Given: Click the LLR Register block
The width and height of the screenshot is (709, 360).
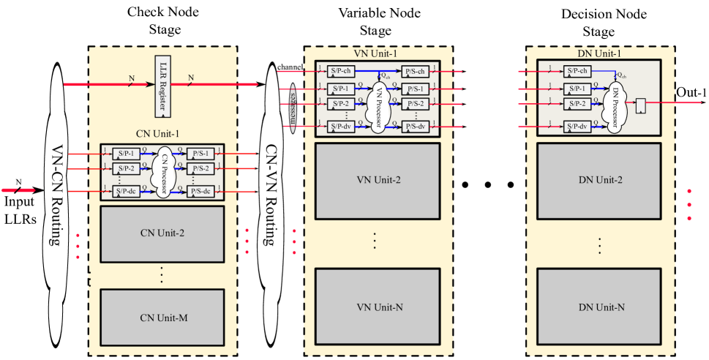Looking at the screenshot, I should click(x=162, y=86).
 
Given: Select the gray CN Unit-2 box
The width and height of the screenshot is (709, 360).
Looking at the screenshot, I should click(x=161, y=234).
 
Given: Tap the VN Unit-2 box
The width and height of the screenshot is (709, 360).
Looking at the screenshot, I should click(x=378, y=180).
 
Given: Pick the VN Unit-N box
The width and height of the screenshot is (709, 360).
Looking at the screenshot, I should click(x=378, y=307).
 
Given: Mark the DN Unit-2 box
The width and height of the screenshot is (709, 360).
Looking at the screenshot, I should click(x=599, y=180).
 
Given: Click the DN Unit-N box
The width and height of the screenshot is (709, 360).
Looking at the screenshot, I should click(x=599, y=307).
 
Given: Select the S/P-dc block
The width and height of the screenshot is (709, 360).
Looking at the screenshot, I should click(x=126, y=192).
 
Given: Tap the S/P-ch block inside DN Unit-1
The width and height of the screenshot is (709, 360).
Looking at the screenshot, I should click(x=578, y=72).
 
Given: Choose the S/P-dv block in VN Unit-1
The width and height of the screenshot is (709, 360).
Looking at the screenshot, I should click(x=341, y=127).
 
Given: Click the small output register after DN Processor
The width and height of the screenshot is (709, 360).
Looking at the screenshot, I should click(x=641, y=105).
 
